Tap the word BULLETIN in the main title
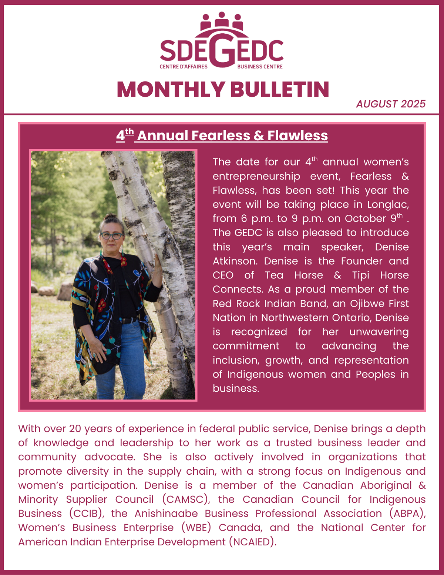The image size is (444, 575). pyautogui.click(x=280, y=90)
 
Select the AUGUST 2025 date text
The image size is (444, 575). pyautogui.click(x=391, y=104)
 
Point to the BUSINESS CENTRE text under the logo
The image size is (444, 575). pyautogui.click(x=260, y=67)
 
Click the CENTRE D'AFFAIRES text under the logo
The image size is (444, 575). pyautogui.click(x=184, y=67)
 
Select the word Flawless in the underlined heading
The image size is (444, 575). pyautogui.click(x=297, y=136)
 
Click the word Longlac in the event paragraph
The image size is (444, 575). pyautogui.click(x=388, y=204)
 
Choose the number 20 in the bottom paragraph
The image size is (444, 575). pyautogui.click(x=75, y=429)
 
